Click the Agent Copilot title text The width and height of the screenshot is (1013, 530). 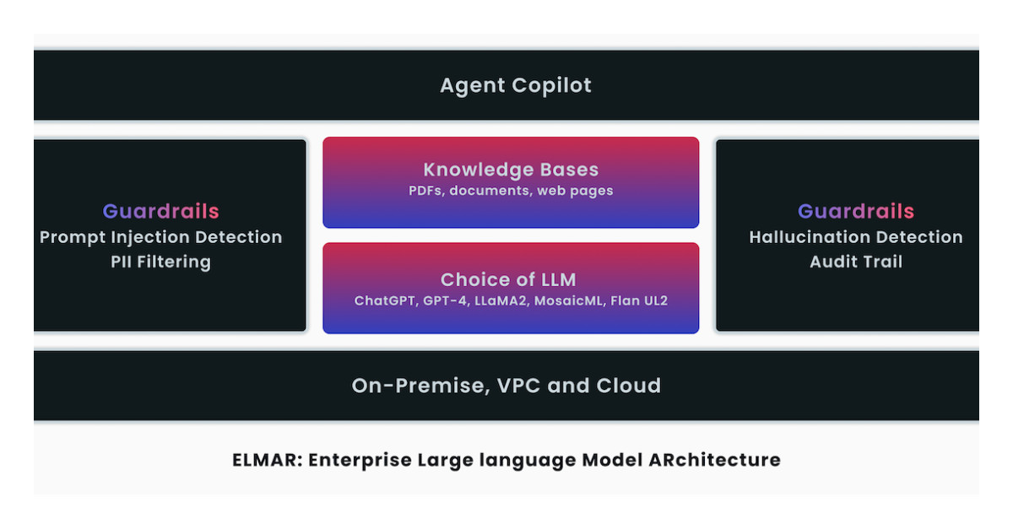tap(516, 85)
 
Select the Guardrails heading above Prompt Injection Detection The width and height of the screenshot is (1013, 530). tap(160, 211)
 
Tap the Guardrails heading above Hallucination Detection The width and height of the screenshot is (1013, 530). tap(855, 211)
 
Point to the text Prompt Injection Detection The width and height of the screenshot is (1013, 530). tap(160, 237)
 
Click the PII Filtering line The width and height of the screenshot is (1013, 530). tap(160, 262)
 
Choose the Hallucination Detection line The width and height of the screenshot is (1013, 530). tap(855, 237)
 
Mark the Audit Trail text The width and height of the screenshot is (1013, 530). tap(855, 262)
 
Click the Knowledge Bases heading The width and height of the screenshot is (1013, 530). tap(511, 169)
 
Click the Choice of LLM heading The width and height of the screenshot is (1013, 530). tap(511, 279)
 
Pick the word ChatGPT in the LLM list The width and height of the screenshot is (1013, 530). tap(383, 301)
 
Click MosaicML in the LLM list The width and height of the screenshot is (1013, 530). tap(569, 301)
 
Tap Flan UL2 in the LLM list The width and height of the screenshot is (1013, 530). tap(638, 301)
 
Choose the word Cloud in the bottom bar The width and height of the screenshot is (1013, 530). tap(629, 386)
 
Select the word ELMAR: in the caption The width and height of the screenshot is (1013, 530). tap(267, 460)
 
